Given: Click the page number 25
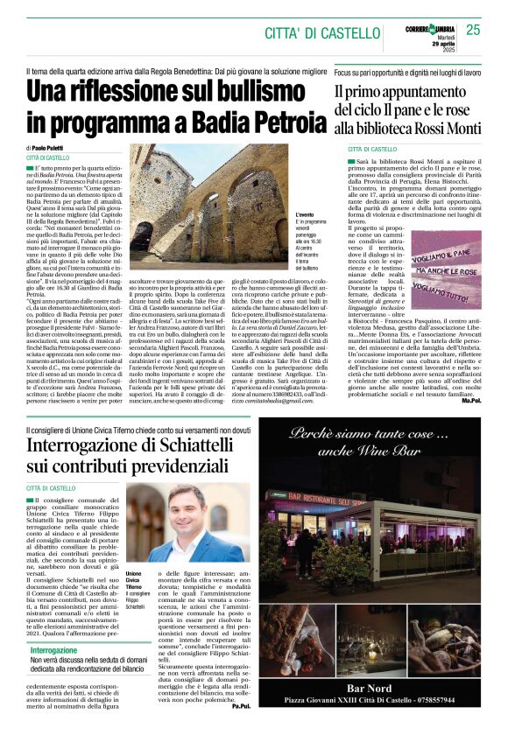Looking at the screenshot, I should tap(474, 30).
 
